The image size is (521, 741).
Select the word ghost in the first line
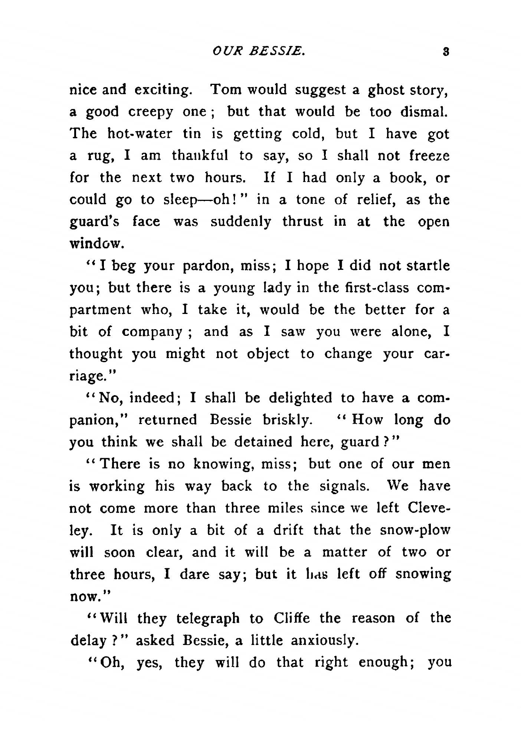[x=384, y=90]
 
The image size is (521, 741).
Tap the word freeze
[x=430, y=156]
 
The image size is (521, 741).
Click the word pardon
[x=208, y=266]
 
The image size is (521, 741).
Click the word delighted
[x=300, y=398]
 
